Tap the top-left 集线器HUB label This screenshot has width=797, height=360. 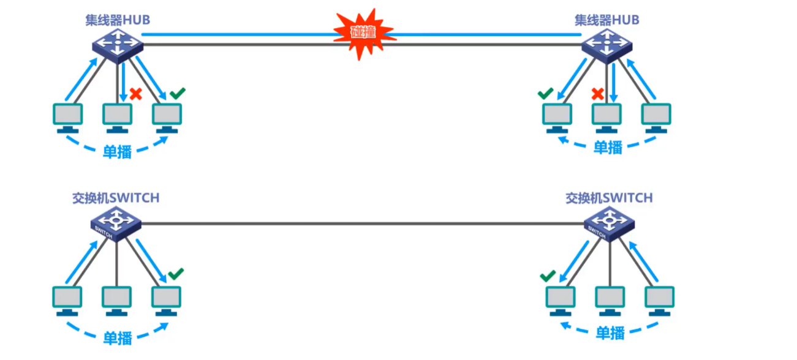pos(118,20)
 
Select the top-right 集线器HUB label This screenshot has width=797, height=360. pos(606,20)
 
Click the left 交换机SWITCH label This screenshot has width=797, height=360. pos(116,198)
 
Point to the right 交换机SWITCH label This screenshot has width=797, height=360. pos(609,198)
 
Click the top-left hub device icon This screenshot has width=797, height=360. pos(117,45)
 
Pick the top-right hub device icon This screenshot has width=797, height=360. pos(606,45)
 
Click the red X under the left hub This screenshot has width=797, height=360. pos(136,94)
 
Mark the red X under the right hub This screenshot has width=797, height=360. pos(598,94)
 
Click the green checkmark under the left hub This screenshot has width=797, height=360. pos(177,94)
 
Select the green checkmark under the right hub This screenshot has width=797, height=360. pos(545,94)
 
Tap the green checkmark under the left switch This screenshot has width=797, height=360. pos(176,274)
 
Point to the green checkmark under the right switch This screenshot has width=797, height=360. pos(548,276)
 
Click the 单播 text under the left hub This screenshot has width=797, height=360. pos(117,151)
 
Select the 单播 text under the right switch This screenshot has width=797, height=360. pos(610,333)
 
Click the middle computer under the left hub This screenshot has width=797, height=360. pos(117,117)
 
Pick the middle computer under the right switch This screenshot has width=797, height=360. pos(610,300)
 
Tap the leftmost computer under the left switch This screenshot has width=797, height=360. pos(67,300)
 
